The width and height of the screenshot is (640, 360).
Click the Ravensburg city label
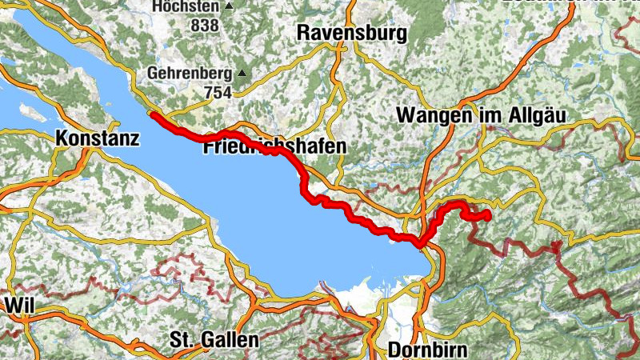[x=351, y=33]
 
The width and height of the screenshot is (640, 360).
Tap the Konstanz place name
[x=98, y=138]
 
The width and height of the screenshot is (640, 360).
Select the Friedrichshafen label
[x=274, y=146]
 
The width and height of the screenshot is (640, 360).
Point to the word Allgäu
[x=537, y=116]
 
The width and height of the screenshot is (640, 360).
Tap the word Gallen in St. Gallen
[x=230, y=340]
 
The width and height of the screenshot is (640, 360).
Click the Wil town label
[x=18, y=306]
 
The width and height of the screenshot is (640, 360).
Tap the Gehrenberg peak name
[x=190, y=74]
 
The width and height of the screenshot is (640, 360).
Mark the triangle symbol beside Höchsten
[x=229, y=6]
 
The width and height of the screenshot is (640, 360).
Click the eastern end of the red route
[x=487, y=215]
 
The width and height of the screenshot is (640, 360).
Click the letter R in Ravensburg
[x=302, y=33]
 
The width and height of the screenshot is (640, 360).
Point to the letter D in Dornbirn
[x=394, y=350]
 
